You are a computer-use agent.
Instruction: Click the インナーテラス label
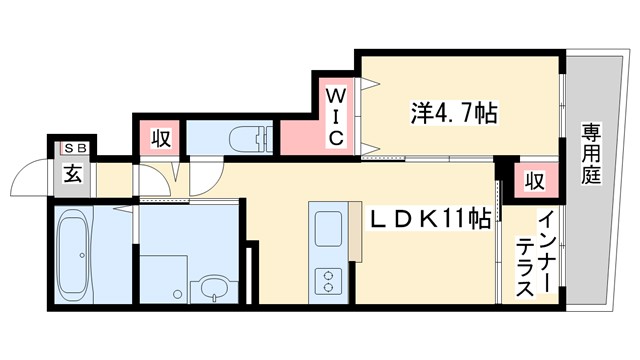point(536,256)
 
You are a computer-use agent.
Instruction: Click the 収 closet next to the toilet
point(160,137)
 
